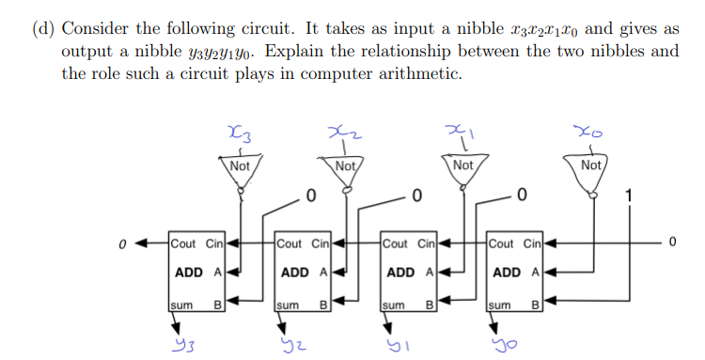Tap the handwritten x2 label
coord(347,135)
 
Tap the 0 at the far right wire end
coord(673,243)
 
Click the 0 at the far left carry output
coord(123,243)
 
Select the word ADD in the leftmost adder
coord(189,273)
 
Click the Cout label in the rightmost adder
coord(501,243)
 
